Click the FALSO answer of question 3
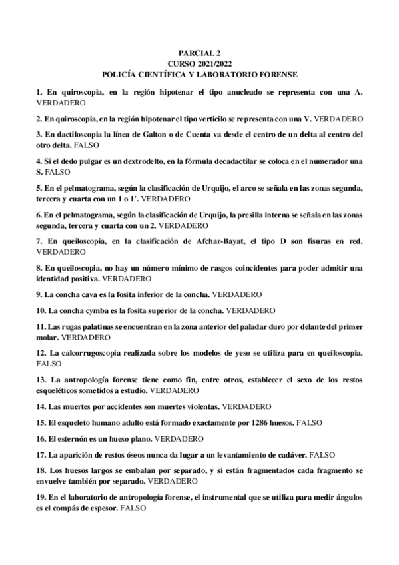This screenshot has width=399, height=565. (x=85, y=144)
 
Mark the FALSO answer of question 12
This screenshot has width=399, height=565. (x=49, y=364)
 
